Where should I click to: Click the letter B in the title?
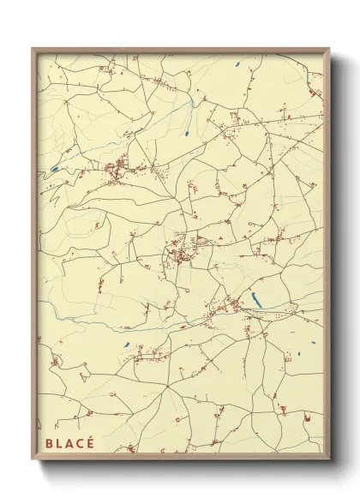click(x=48, y=445)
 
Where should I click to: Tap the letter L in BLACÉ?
click(x=59, y=445)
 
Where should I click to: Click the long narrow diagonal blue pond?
click(x=255, y=298)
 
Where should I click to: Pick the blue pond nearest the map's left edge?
click(x=55, y=169)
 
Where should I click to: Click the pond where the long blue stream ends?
click(x=183, y=135)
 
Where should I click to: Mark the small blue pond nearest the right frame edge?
click(x=303, y=352)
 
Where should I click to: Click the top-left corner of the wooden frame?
click(x=33, y=49)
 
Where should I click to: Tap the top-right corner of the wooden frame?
click(x=329, y=49)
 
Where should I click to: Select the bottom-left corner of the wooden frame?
click(x=33, y=459)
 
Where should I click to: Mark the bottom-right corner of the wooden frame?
click(x=329, y=459)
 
